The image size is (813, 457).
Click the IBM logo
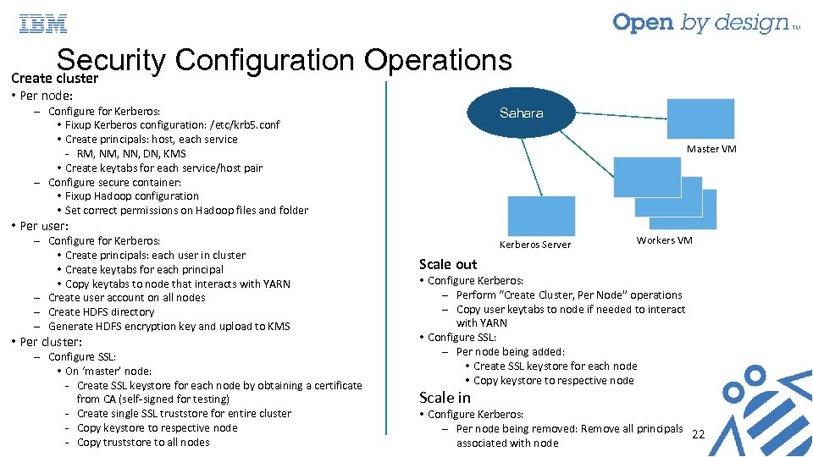pyautogui.click(x=43, y=24)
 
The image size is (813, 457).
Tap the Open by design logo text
pyautogui.click(x=701, y=23)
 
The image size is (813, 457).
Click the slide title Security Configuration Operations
pyautogui.click(x=284, y=60)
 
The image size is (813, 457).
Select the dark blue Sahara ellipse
pyautogui.click(x=522, y=113)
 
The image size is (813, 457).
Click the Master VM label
pyautogui.click(x=711, y=149)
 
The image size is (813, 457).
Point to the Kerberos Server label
pyautogui.click(x=535, y=245)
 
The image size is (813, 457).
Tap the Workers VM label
pyautogui.click(x=665, y=240)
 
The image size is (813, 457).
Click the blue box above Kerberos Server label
pyautogui.click(x=541, y=216)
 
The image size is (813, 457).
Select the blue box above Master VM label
pyautogui.click(x=700, y=118)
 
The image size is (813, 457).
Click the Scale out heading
pyautogui.click(x=448, y=264)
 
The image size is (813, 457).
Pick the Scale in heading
pyautogui.click(x=445, y=397)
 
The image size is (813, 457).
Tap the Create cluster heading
pyautogui.click(x=55, y=78)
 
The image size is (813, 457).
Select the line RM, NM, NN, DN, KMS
pyautogui.click(x=131, y=153)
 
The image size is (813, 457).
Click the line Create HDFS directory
pyautogui.click(x=101, y=311)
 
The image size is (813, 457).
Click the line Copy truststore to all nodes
pyautogui.click(x=143, y=442)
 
